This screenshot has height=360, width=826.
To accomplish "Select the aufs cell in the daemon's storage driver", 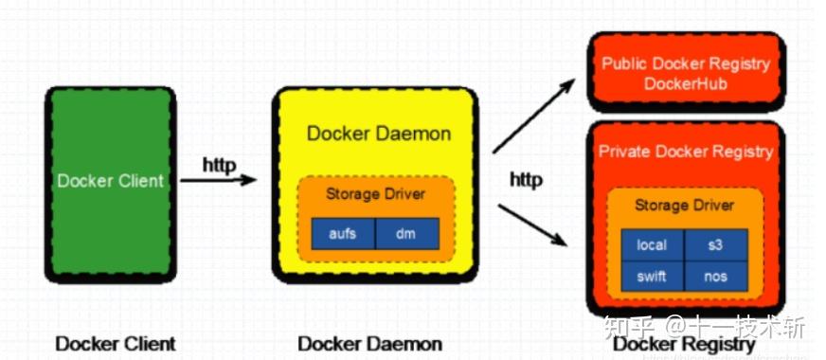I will (x=343, y=233).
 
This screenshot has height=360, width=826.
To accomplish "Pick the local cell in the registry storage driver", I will (x=652, y=244).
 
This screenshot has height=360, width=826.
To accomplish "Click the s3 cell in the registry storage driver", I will (x=716, y=244).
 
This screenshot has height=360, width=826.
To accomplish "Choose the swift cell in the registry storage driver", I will (x=652, y=276).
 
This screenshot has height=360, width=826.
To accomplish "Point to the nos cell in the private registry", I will (x=716, y=276).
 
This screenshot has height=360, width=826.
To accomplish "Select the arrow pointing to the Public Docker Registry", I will (x=533, y=117).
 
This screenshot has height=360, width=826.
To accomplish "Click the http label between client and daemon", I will (x=219, y=162).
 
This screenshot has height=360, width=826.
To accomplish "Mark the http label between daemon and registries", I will (x=527, y=179).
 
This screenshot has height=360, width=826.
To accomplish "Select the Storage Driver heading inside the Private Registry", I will (x=684, y=205).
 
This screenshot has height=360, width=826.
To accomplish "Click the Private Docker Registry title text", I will (x=686, y=152).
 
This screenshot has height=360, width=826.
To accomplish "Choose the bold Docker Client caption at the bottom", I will (x=115, y=343).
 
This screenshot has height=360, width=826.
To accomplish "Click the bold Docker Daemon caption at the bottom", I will (x=369, y=343).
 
